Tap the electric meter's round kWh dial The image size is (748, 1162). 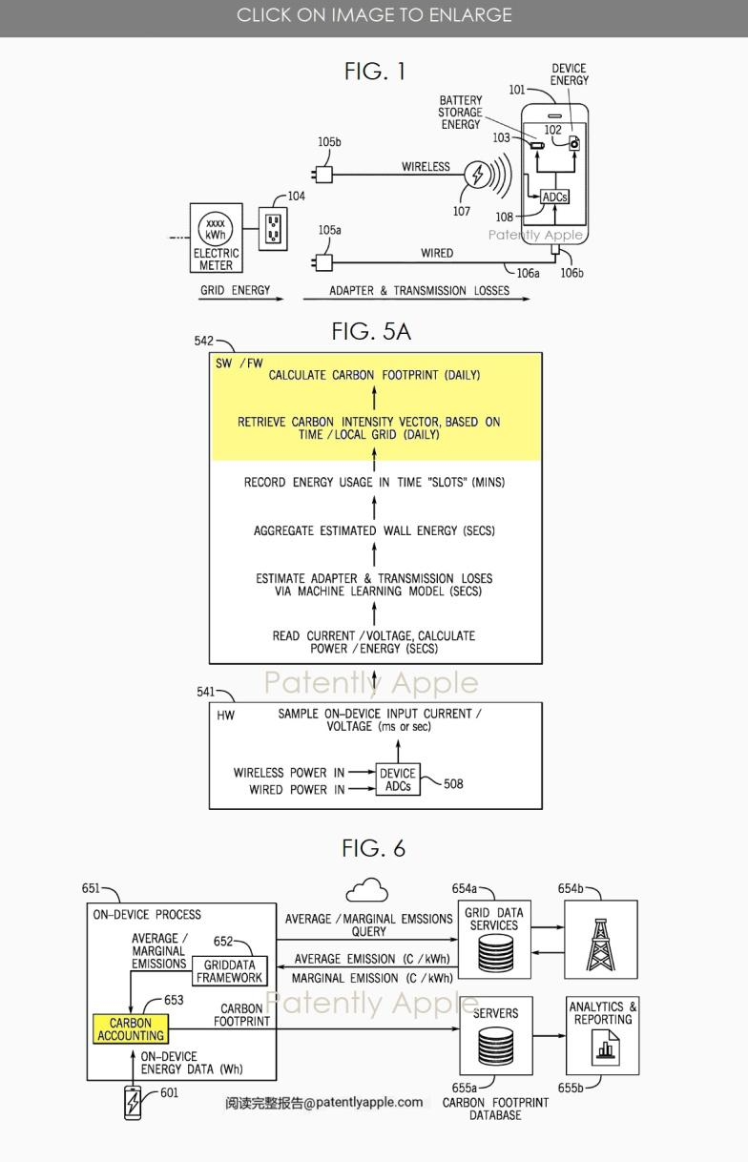216,230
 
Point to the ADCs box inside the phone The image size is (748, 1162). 554,197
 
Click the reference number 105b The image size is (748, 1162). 329,143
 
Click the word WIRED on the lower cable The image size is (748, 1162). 437,253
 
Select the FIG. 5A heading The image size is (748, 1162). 371,331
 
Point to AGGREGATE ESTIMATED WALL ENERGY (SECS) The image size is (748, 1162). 374,530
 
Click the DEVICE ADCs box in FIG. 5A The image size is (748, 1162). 397,779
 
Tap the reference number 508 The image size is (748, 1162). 453,784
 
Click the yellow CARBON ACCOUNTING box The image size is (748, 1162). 131,1029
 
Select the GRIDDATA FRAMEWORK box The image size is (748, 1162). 229,971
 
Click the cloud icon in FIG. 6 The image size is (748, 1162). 366,891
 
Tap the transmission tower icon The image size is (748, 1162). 599,939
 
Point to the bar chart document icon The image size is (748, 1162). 603,1050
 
